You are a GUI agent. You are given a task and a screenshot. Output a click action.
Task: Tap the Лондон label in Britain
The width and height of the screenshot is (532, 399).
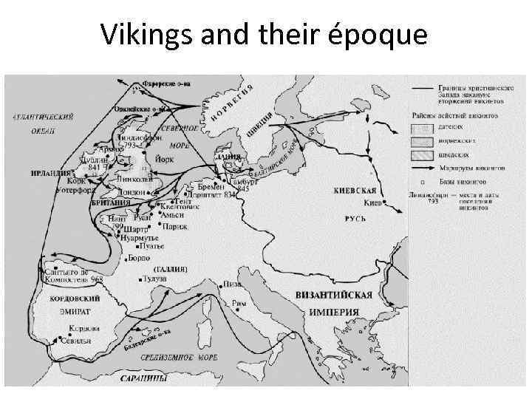(131, 192)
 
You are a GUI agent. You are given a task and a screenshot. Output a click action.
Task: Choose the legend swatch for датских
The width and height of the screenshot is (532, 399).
(422, 128)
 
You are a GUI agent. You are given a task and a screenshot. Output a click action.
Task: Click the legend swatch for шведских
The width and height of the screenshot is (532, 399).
(422, 154)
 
